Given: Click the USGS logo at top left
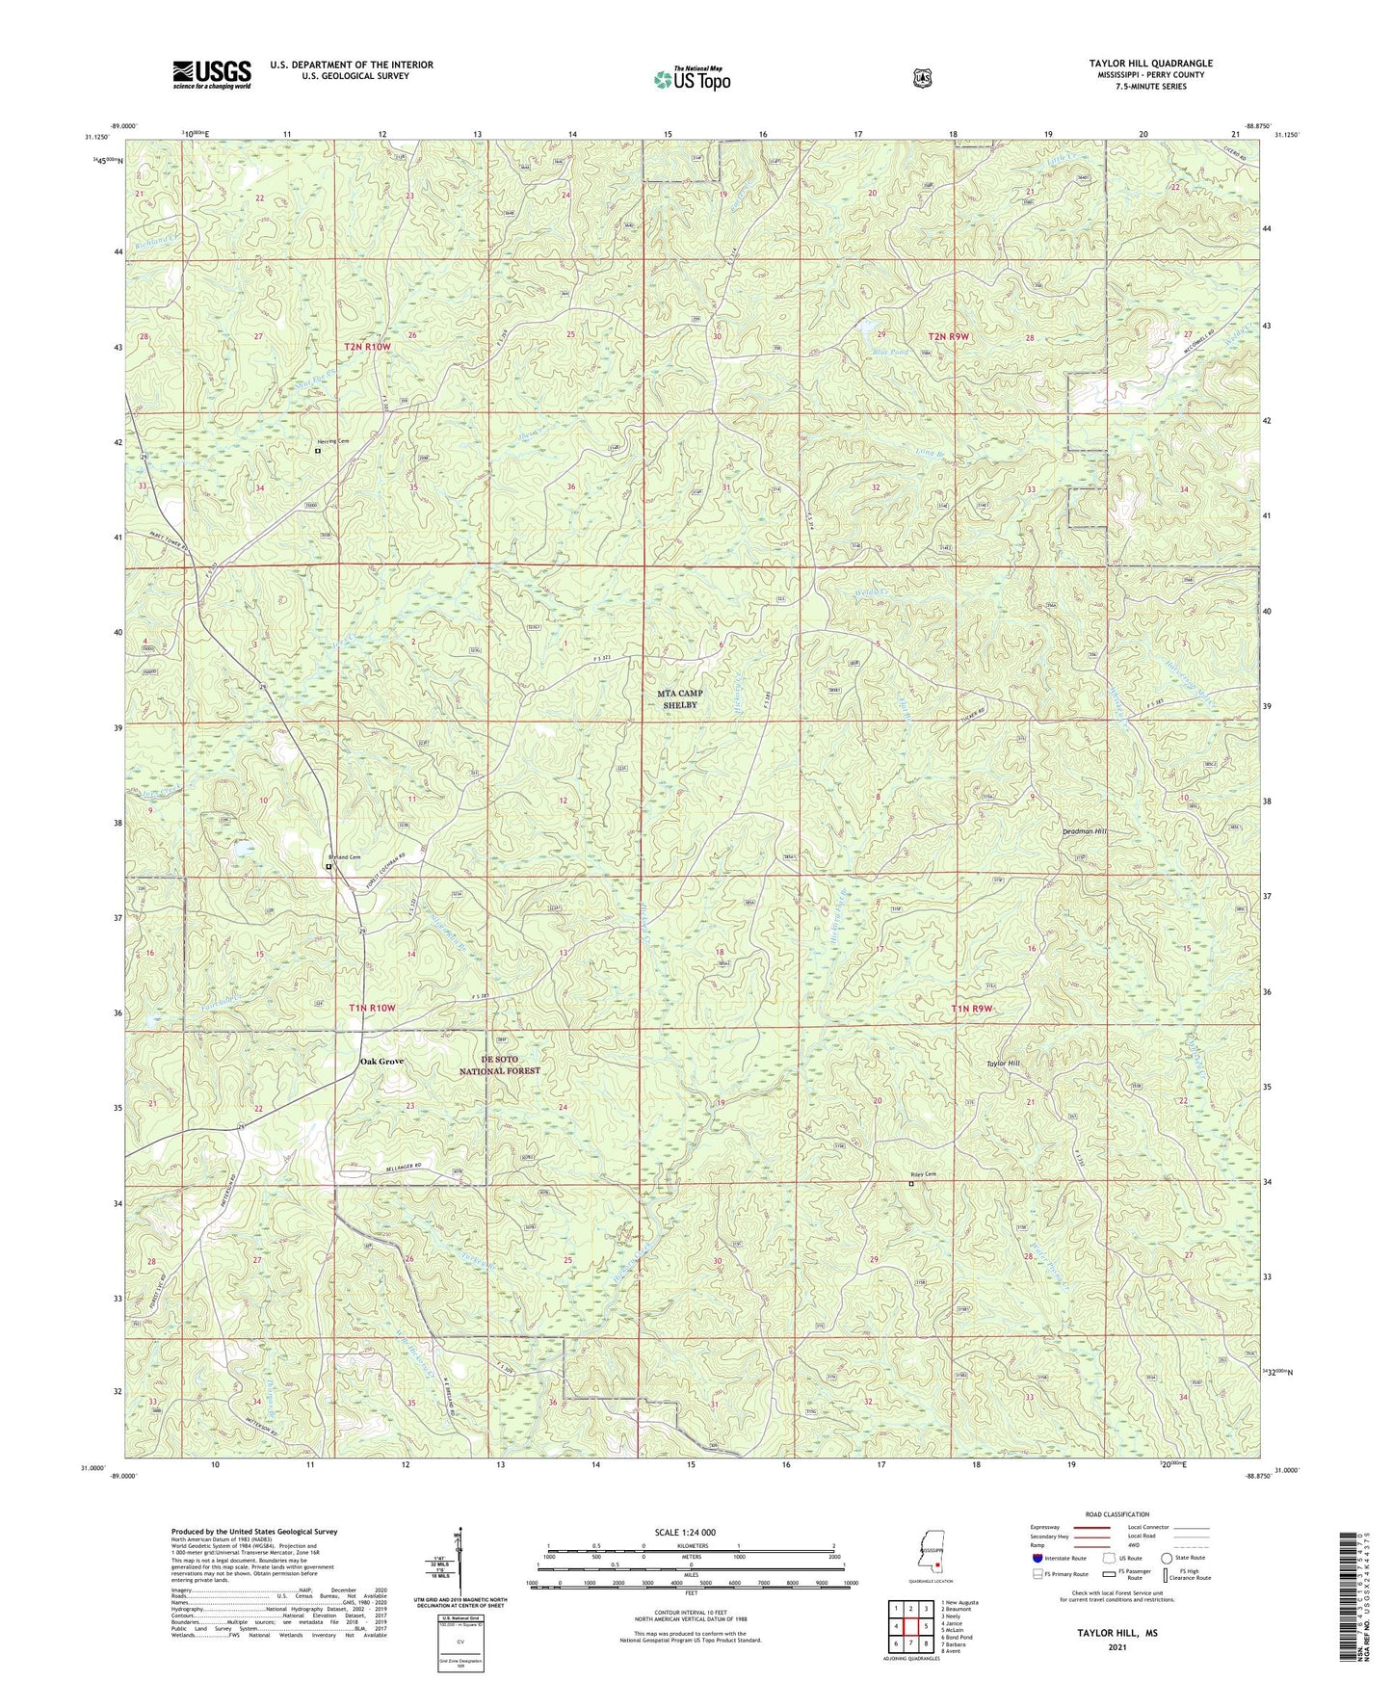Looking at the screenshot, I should [x=211, y=74].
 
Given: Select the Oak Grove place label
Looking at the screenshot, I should [x=381, y=1062].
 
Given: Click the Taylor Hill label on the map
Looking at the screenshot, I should [x=1001, y=1064].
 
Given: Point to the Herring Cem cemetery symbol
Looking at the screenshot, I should [x=318, y=450].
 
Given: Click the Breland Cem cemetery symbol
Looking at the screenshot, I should [x=328, y=867].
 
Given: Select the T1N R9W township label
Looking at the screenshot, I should [x=971, y=1009].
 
